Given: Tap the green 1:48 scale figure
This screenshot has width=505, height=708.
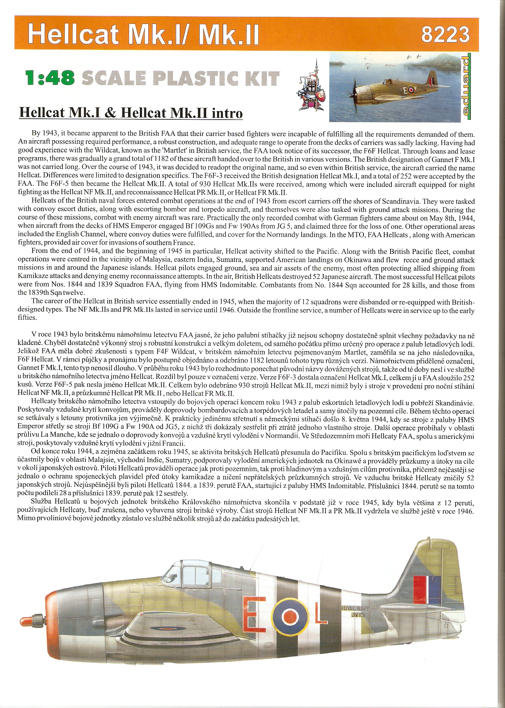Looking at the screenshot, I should [50, 78].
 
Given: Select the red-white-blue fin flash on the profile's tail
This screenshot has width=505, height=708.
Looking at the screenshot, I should [427, 591].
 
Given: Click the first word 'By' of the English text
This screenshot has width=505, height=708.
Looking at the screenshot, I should [36, 133].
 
